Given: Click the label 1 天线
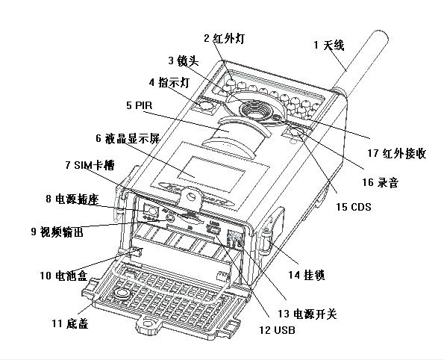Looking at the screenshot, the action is click(x=329, y=45).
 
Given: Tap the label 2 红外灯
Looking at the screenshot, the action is click(x=225, y=38).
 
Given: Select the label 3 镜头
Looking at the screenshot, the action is click(x=184, y=60).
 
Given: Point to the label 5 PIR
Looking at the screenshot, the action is click(x=139, y=105).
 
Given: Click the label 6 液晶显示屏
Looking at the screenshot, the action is click(x=128, y=138).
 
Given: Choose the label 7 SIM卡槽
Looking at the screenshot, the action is click(x=90, y=165).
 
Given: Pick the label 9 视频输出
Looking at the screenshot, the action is click(x=57, y=232).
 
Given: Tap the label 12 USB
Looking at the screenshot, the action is click(x=277, y=329).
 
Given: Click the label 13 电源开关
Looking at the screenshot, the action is click(x=307, y=314).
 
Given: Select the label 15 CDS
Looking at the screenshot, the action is click(x=354, y=207).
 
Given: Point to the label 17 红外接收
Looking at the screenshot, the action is click(x=397, y=153).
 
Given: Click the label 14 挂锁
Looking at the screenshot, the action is click(x=307, y=275).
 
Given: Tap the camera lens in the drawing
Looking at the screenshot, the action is click(x=255, y=111).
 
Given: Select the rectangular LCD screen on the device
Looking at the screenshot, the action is click(x=212, y=173).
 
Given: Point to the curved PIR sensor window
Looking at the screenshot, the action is click(x=237, y=136).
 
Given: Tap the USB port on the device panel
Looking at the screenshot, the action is click(x=213, y=229).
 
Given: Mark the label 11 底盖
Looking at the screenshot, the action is click(x=70, y=323).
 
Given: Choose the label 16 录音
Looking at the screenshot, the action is click(x=381, y=182).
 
